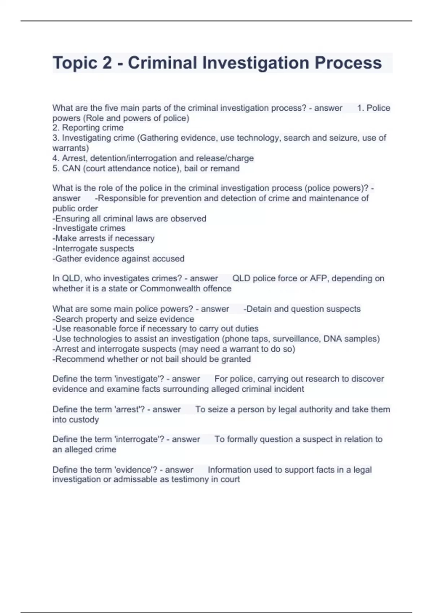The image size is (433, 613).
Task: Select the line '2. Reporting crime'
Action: (88, 128)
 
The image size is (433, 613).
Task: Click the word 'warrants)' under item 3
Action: (71, 148)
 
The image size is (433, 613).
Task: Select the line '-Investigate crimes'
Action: (89, 228)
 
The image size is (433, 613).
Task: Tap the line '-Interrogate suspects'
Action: (93, 248)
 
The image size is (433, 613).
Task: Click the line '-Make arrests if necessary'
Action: (103, 238)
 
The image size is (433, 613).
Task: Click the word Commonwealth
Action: (166, 288)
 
